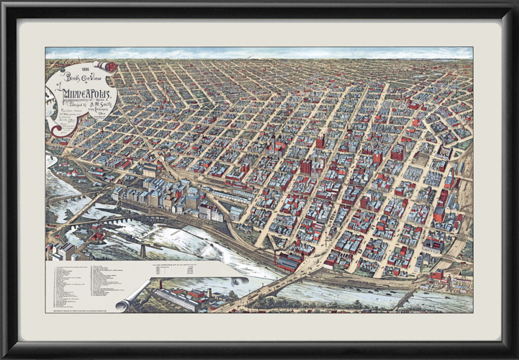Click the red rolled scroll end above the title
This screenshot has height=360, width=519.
click(x=107, y=66)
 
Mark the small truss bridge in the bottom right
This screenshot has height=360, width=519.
click(x=405, y=299)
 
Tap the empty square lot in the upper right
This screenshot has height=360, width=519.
click(x=421, y=158)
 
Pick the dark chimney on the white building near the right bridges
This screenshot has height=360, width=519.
click(x=459, y=276)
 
